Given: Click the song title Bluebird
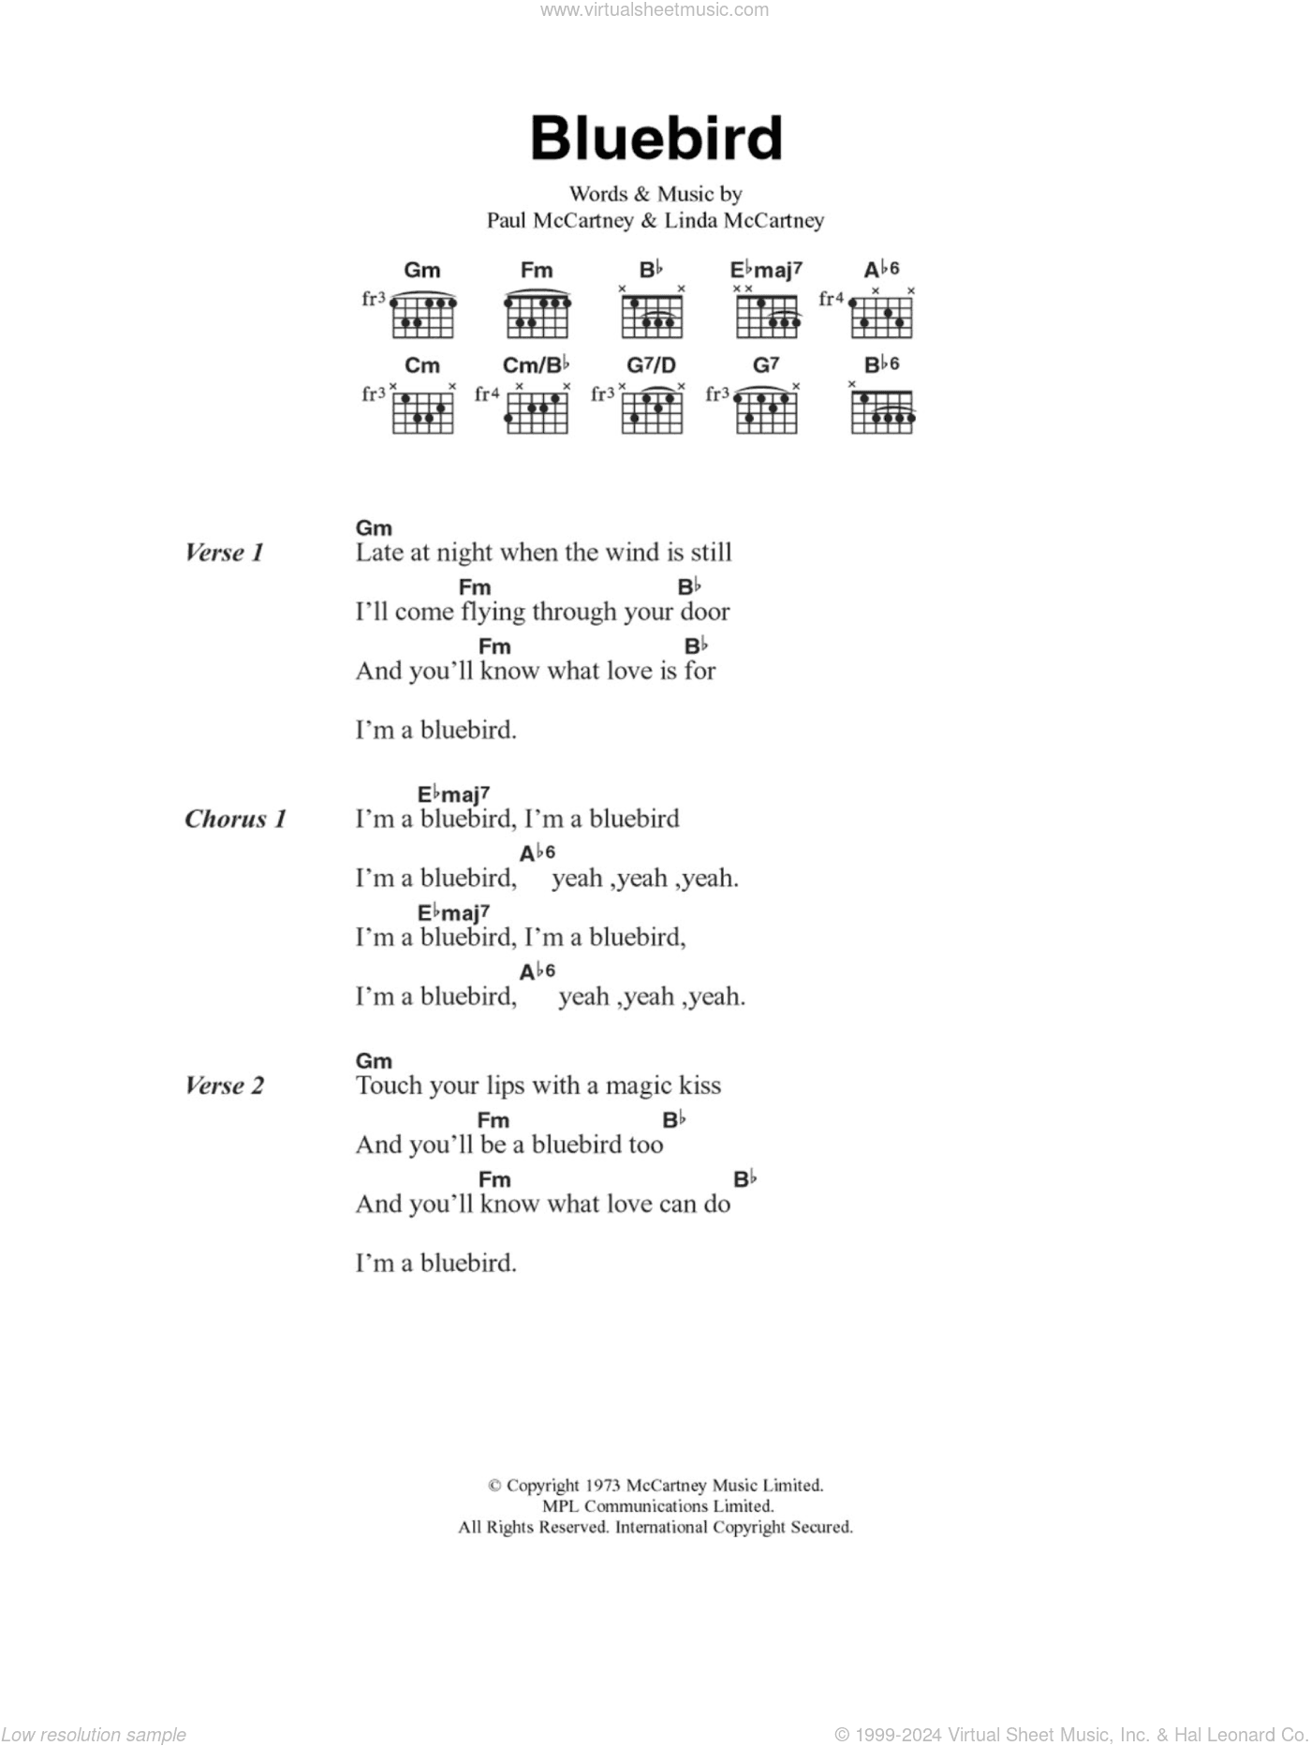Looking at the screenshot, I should (x=655, y=139).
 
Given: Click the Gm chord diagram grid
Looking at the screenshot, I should (x=422, y=317).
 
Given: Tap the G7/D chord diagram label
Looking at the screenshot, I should (x=652, y=364).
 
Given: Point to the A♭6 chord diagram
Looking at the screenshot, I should (x=881, y=317).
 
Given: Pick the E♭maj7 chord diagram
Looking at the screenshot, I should (x=767, y=317).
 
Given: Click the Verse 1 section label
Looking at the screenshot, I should (x=225, y=553).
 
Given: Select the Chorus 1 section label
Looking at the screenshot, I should (x=235, y=819).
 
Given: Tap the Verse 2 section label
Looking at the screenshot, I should (x=225, y=1086).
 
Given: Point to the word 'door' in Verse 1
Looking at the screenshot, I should (x=705, y=612).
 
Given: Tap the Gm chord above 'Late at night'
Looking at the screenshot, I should (x=374, y=528).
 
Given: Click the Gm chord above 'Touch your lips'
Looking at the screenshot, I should (x=374, y=1061).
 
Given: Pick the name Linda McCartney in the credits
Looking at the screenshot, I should (x=744, y=221).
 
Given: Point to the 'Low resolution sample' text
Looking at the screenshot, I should (x=94, y=1735).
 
